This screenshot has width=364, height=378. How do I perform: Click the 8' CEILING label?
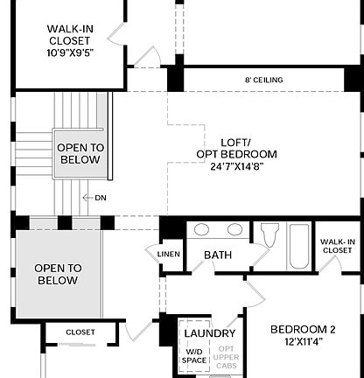point(263,80)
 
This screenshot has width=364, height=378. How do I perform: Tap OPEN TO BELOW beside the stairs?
point(80,154)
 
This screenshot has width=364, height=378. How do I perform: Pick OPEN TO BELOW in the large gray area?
point(58,274)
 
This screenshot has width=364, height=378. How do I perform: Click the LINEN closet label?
point(169,255)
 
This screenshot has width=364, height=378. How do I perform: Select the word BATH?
point(218,255)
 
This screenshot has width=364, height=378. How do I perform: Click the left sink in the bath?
point(200,230)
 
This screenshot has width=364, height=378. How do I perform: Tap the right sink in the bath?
point(234,230)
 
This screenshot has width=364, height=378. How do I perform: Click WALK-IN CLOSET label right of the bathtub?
point(337,246)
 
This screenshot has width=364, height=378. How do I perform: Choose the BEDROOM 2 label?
point(303,329)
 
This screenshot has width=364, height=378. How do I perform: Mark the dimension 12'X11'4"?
point(303,343)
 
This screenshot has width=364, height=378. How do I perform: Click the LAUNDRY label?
point(209,333)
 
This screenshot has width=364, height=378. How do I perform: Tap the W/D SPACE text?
point(194,354)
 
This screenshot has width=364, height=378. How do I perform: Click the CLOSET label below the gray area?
point(80,332)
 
